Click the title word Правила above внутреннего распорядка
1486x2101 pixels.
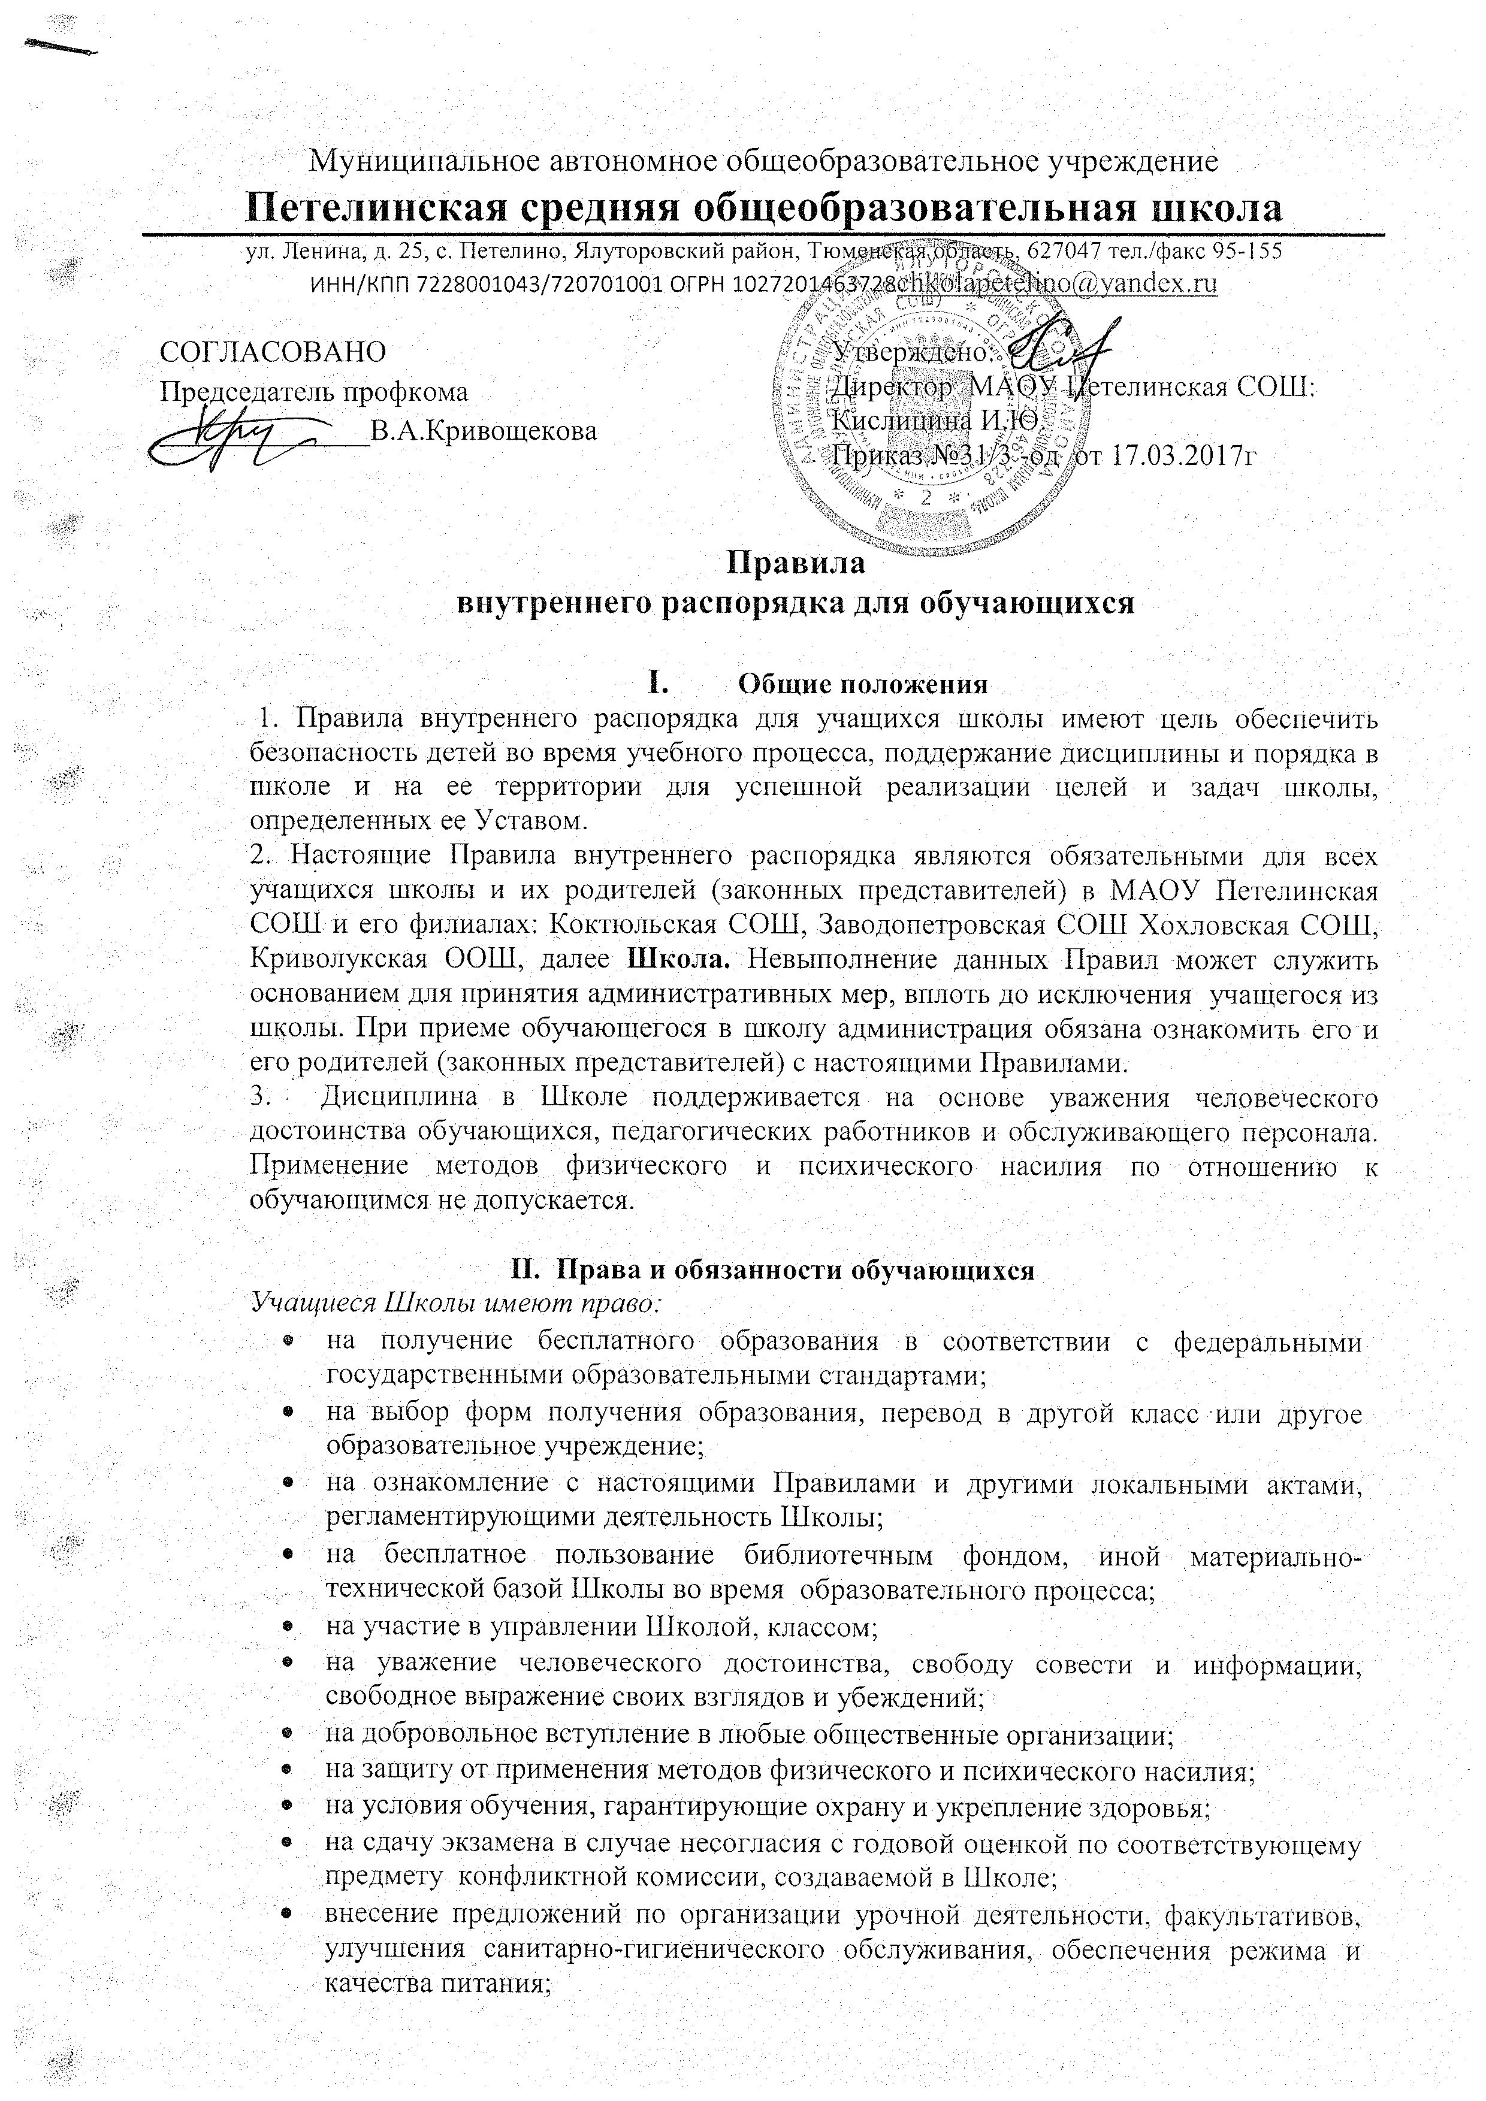click(795, 561)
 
